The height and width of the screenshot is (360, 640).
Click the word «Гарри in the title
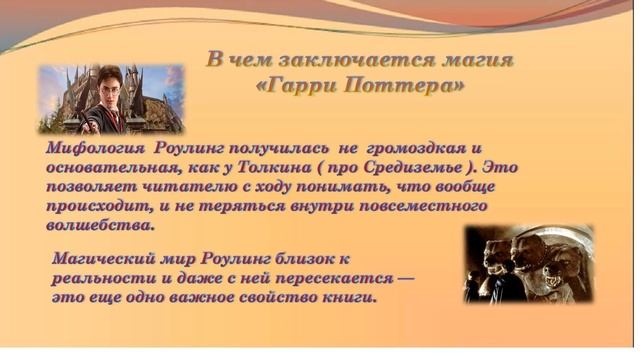click(x=296, y=86)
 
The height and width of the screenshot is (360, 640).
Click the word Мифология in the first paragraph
click(x=98, y=147)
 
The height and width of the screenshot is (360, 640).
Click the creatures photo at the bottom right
click(x=528, y=262)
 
